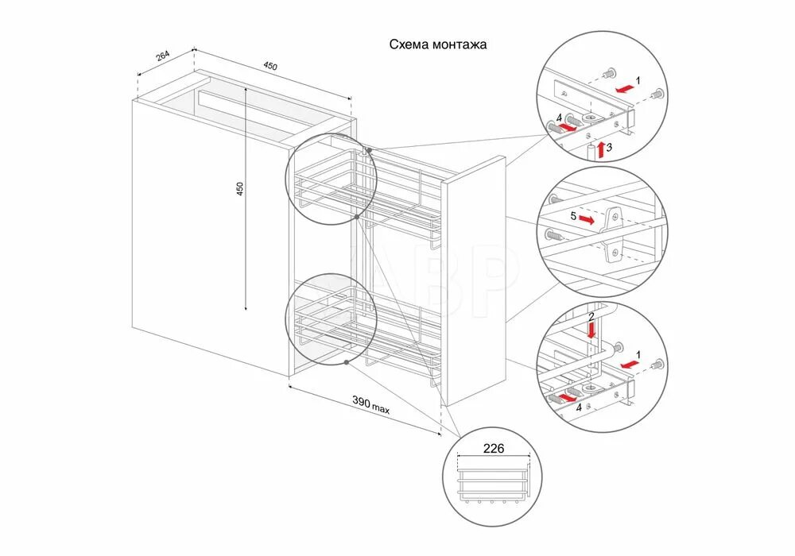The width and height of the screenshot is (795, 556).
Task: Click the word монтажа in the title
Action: click(460, 45)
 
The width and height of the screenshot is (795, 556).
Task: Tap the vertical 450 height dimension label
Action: click(239, 189)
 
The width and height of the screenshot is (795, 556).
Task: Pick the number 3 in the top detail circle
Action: click(609, 147)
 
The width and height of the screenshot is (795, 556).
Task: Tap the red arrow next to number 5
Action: click(588, 218)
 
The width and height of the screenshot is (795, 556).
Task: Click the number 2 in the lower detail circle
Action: click(590, 316)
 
